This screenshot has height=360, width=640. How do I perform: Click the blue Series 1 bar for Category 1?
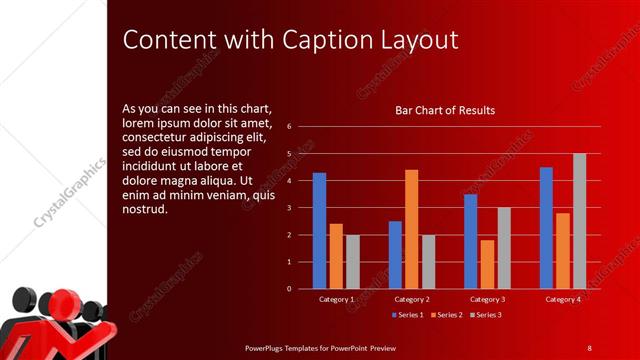click(x=319, y=231)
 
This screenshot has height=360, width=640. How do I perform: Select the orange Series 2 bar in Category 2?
click(x=411, y=229)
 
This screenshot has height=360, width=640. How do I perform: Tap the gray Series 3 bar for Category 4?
click(x=579, y=221)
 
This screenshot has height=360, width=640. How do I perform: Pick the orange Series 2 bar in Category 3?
click(x=487, y=264)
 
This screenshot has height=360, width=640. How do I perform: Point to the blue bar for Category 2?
click(x=395, y=255)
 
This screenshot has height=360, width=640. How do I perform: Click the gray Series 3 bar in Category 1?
click(x=352, y=262)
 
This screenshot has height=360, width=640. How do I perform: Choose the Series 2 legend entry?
click(x=444, y=315)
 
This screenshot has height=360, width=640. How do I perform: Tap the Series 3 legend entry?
click(x=484, y=315)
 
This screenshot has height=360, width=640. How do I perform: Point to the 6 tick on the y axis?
click(x=288, y=127)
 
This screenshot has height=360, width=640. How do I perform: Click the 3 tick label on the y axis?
click(x=288, y=208)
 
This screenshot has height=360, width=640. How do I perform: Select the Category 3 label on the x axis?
click(x=487, y=299)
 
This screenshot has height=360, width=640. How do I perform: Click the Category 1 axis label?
click(x=336, y=299)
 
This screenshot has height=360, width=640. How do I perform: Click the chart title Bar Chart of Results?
click(x=445, y=110)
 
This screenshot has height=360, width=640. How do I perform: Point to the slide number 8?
click(x=589, y=347)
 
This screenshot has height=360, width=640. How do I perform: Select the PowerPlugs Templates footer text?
click(x=321, y=347)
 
